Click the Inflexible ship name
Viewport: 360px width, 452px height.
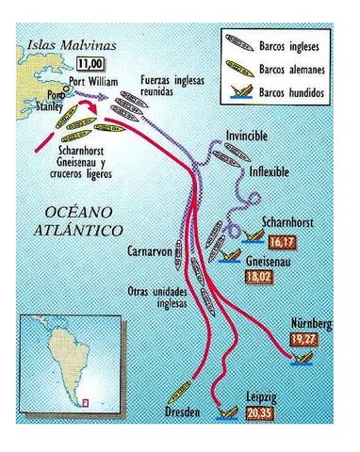tap(270, 173)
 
